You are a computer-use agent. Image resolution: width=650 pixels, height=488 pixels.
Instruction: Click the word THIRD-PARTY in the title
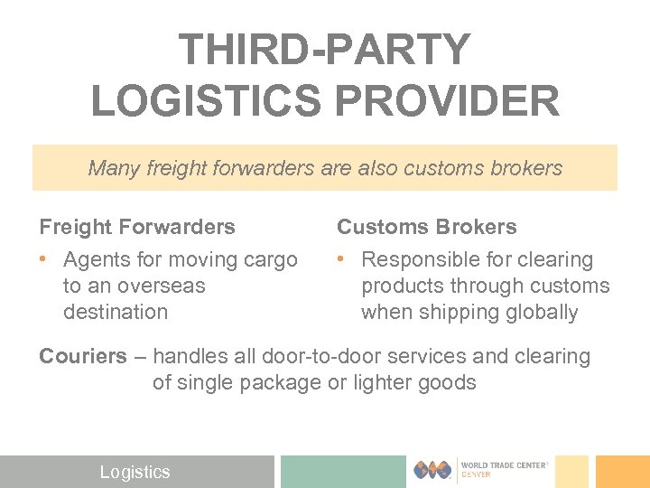325,51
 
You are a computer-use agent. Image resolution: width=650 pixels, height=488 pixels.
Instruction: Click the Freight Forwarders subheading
137,227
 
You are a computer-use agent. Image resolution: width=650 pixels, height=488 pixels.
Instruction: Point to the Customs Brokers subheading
427,227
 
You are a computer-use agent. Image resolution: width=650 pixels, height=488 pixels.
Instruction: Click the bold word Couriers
83,356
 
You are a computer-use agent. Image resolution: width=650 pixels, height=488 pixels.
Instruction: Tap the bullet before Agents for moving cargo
43,260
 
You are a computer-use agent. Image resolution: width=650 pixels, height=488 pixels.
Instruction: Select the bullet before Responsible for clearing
341,260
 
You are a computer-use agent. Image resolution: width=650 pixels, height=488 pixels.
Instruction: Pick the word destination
116,312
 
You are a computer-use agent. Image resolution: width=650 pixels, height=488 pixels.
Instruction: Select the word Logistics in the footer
135,472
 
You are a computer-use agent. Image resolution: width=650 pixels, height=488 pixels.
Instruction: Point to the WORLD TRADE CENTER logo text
506,465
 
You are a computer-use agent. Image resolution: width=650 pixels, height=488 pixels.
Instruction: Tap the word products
400,286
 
